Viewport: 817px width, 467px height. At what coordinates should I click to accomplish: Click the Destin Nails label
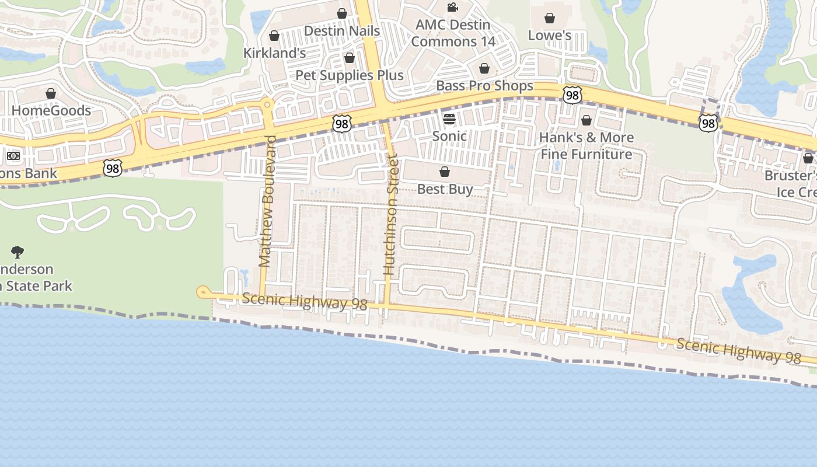[342, 31]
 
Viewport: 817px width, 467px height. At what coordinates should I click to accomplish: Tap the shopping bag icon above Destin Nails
[342, 13]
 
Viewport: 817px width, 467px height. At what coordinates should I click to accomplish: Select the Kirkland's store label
[274, 53]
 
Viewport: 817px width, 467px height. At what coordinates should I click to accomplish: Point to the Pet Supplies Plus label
[349, 75]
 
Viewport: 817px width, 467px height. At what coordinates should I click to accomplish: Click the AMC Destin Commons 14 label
[453, 33]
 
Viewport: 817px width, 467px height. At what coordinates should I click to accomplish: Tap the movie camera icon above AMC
[452, 7]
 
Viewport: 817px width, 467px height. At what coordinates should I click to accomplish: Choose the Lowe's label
[549, 36]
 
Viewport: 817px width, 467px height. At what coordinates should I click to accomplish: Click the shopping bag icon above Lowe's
[549, 18]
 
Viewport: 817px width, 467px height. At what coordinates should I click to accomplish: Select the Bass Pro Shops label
[484, 86]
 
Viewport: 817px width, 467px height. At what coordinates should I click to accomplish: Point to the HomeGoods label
[51, 110]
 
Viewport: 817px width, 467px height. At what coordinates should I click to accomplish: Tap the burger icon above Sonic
[449, 119]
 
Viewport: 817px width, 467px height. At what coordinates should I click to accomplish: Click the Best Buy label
[445, 189]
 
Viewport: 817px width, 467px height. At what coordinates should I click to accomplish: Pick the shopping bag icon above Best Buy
[445, 172]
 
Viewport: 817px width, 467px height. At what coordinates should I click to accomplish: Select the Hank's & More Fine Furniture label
[586, 146]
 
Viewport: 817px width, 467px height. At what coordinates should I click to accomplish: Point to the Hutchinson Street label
[390, 215]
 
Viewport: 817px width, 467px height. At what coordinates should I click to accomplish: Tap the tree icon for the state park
[18, 252]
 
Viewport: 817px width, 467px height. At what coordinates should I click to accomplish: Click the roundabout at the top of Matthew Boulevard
[267, 105]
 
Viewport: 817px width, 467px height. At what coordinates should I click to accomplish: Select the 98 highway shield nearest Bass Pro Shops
[572, 95]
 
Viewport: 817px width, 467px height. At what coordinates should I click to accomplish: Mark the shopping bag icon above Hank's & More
[586, 120]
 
